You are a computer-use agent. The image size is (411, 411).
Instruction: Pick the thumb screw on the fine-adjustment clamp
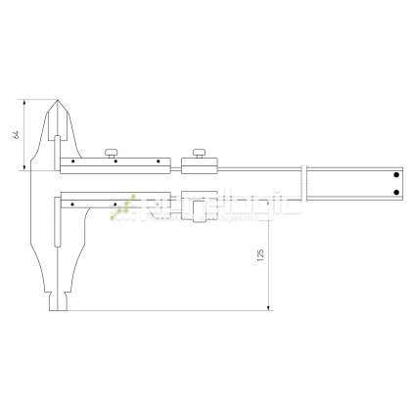click(x=202, y=152)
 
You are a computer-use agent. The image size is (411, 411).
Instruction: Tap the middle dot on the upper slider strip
click(x=115, y=160)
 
